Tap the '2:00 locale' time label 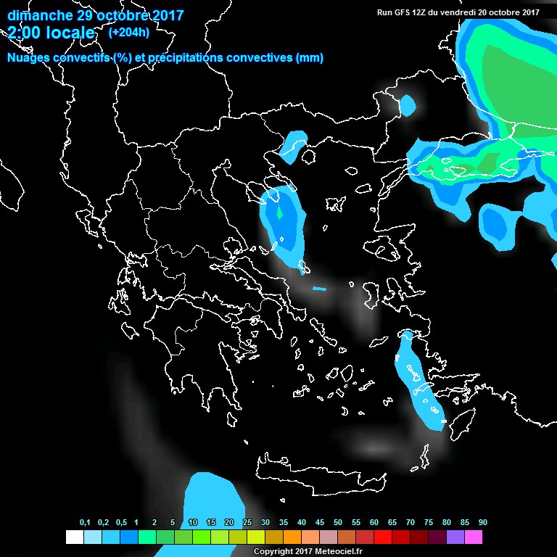(x=51, y=33)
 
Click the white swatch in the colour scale (x=74, y=537)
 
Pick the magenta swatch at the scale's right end (x=474, y=537)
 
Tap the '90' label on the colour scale (x=482, y=523)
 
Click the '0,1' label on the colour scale (x=85, y=523)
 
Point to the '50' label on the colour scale (x=338, y=523)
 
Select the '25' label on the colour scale (x=247, y=523)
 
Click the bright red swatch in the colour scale (x=383, y=537)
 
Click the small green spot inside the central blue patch (x=279, y=214)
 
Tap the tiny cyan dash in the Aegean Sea (x=319, y=289)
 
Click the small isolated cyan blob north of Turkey (x=408, y=107)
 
